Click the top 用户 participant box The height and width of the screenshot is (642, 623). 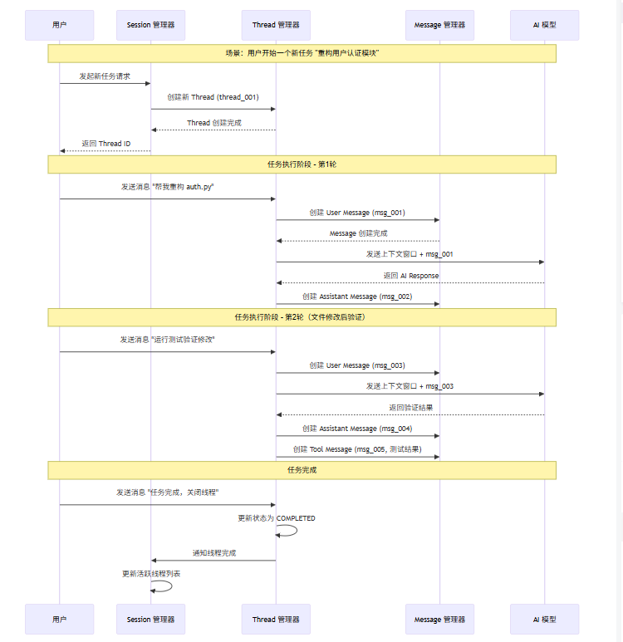(59, 25)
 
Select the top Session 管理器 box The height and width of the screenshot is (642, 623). (150, 25)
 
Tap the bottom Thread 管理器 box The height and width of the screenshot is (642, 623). (276, 619)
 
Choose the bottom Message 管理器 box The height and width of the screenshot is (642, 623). (440, 619)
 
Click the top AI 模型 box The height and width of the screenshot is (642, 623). (545, 25)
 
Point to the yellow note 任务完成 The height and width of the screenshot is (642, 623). (302, 470)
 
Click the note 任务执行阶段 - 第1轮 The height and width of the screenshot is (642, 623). (302, 164)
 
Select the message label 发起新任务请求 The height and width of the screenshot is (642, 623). (105, 76)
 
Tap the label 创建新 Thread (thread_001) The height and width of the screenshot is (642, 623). (213, 97)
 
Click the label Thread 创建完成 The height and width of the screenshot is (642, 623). (214, 123)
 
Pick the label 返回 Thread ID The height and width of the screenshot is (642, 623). (106, 144)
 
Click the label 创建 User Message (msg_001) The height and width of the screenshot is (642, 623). (357, 213)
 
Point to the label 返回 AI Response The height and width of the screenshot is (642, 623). (411, 276)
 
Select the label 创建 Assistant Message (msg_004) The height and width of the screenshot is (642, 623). (357, 429)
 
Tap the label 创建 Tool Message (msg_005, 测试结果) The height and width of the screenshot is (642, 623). (357, 449)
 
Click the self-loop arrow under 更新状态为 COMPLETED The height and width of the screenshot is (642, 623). (297, 531)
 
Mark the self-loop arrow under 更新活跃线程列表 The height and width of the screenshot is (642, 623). (171, 586)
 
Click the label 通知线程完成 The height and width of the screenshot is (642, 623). (214, 553)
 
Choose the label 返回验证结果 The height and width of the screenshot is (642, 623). (411, 408)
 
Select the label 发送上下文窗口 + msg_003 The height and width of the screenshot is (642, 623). (410, 386)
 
